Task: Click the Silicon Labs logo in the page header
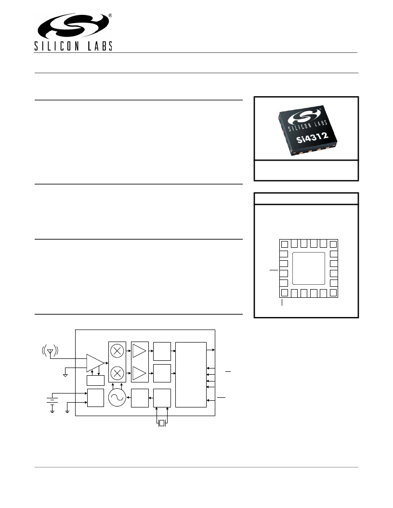tap(73, 32)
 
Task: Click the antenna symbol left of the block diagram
tap(50, 351)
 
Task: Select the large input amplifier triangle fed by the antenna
tap(95, 363)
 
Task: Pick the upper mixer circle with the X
tap(117, 351)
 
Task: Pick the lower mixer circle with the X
tap(117, 373)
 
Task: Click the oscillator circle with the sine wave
tap(117, 397)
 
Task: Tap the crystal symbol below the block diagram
tap(162, 423)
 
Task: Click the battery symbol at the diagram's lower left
tap(52, 403)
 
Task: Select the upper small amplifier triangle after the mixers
tap(139, 351)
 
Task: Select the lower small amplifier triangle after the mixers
tap(139, 373)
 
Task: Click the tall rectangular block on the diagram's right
tap(191, 375)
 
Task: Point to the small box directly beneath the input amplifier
tap(96, 381)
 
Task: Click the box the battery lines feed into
tap(96, 398)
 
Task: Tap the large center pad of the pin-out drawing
tap(309, 268)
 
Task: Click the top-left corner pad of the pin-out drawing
tap(284, 244)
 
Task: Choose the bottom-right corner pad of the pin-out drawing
tap(333, 292)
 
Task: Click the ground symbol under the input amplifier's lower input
tap(65, 375)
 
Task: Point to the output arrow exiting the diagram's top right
tap(211, 350)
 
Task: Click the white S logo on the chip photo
tap(304, 116)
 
